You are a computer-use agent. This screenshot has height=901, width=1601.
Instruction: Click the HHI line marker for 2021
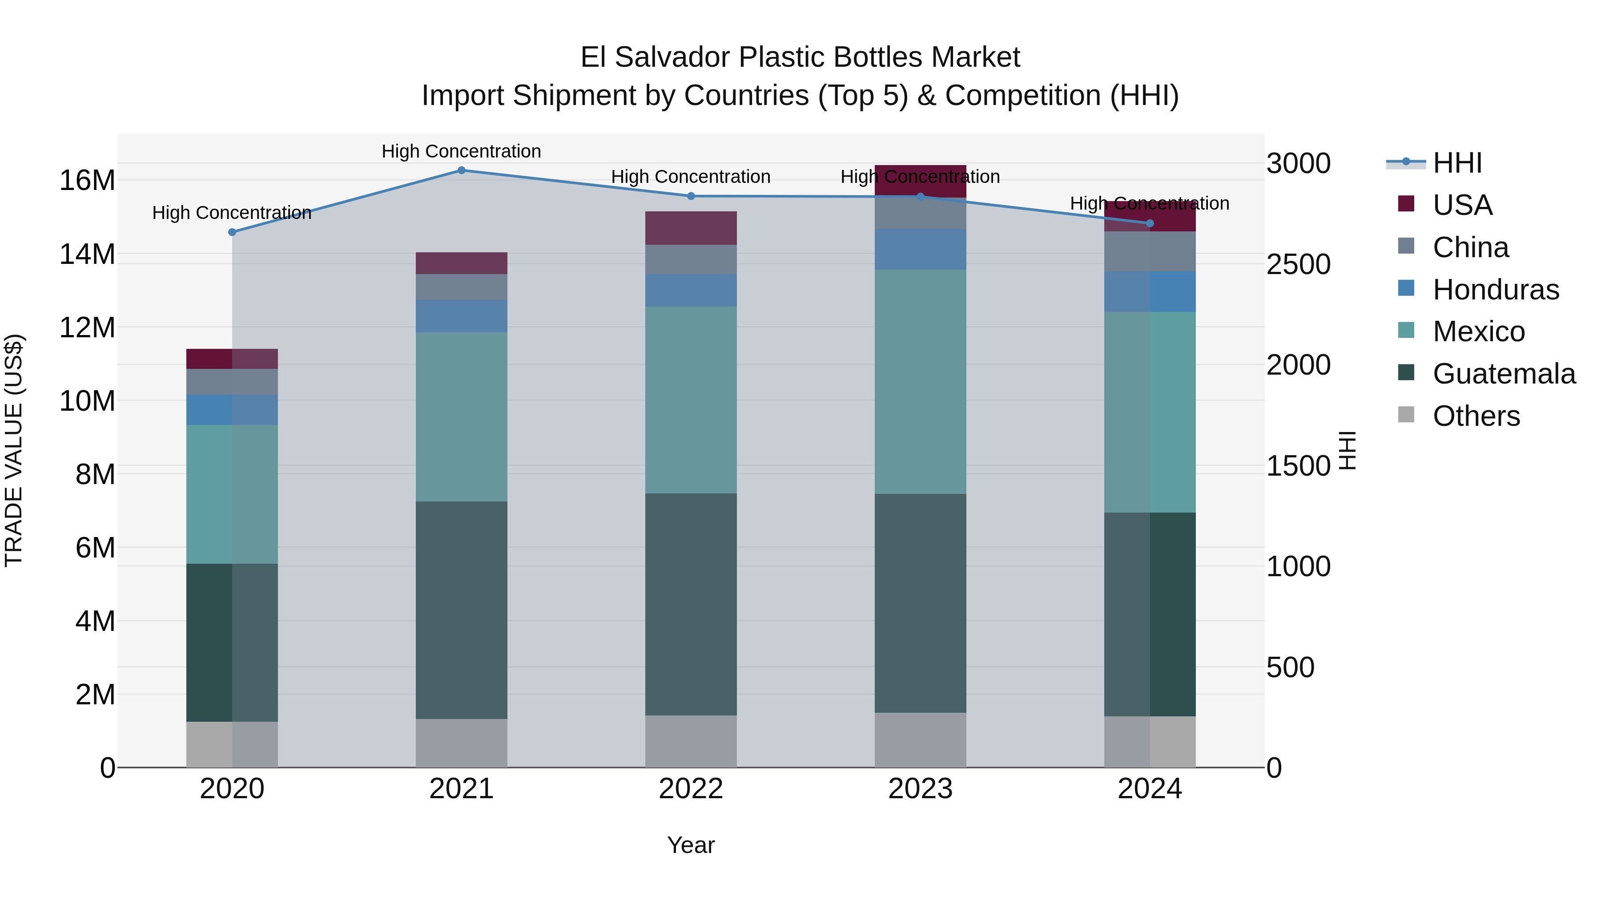point(461,170)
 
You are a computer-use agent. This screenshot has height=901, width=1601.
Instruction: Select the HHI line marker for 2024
point(1149,223)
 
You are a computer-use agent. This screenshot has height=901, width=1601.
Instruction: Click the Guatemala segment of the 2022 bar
point(691,604)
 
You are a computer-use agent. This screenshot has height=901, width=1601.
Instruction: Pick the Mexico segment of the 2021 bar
point(461,416)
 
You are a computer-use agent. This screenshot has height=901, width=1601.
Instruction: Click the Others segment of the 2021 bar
point(461,743)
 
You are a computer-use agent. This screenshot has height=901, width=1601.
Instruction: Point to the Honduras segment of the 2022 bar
point(691,291)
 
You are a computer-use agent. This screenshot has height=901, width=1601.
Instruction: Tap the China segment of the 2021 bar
point(461,287)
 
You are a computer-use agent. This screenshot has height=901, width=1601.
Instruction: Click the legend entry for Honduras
point(1495,290)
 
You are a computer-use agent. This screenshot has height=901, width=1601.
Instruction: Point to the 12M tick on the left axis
point(87,327)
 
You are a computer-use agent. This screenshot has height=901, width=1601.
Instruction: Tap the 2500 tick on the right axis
point(1298,264)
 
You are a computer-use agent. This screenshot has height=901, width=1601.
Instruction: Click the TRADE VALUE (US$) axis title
point(14,450)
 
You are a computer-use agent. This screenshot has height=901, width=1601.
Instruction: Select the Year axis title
point(691,845)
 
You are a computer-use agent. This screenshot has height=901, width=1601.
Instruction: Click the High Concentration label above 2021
point(461,151)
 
